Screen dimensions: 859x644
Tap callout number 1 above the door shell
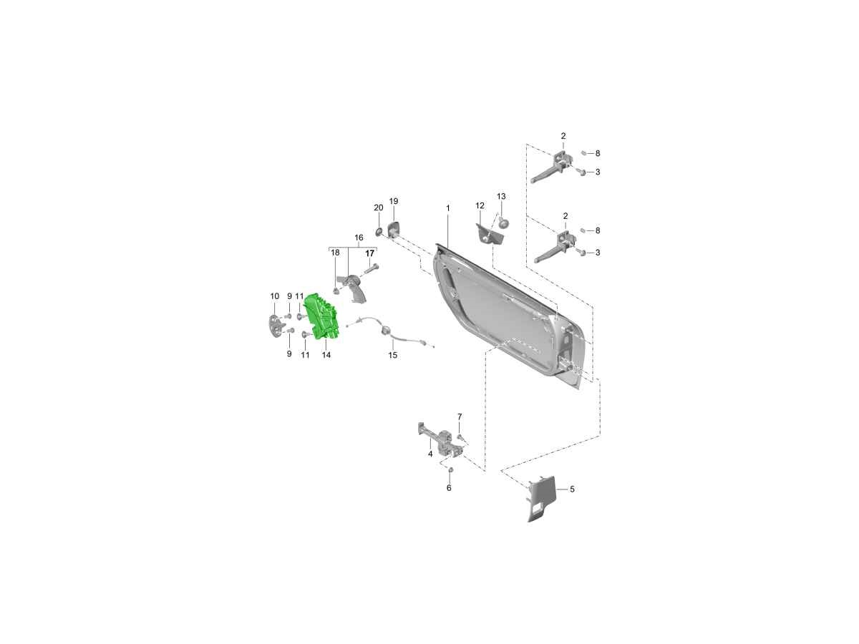(448, 208)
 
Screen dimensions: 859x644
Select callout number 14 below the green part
(326, 355)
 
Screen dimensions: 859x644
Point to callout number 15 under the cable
(392, 355)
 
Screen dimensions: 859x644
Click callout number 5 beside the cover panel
(572, 489)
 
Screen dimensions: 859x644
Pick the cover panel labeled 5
(542, 498)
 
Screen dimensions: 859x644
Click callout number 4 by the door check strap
(430, 454)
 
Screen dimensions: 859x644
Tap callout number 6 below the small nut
(449, 488)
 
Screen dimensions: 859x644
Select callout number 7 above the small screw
(460, 416)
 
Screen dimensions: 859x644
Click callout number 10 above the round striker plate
(275, 296)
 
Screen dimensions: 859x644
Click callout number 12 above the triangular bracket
(480, 205)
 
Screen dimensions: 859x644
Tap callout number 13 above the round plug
(501, 196)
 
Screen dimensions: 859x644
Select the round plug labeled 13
(503, 223)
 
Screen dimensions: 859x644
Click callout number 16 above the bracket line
(359, 238)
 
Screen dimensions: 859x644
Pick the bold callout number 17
(370, 254)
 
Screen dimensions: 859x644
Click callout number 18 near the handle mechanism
(335, 253)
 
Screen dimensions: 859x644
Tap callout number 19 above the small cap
(394, 201)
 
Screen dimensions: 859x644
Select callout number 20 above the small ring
(379, 208)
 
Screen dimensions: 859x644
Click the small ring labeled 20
(379, 233)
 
